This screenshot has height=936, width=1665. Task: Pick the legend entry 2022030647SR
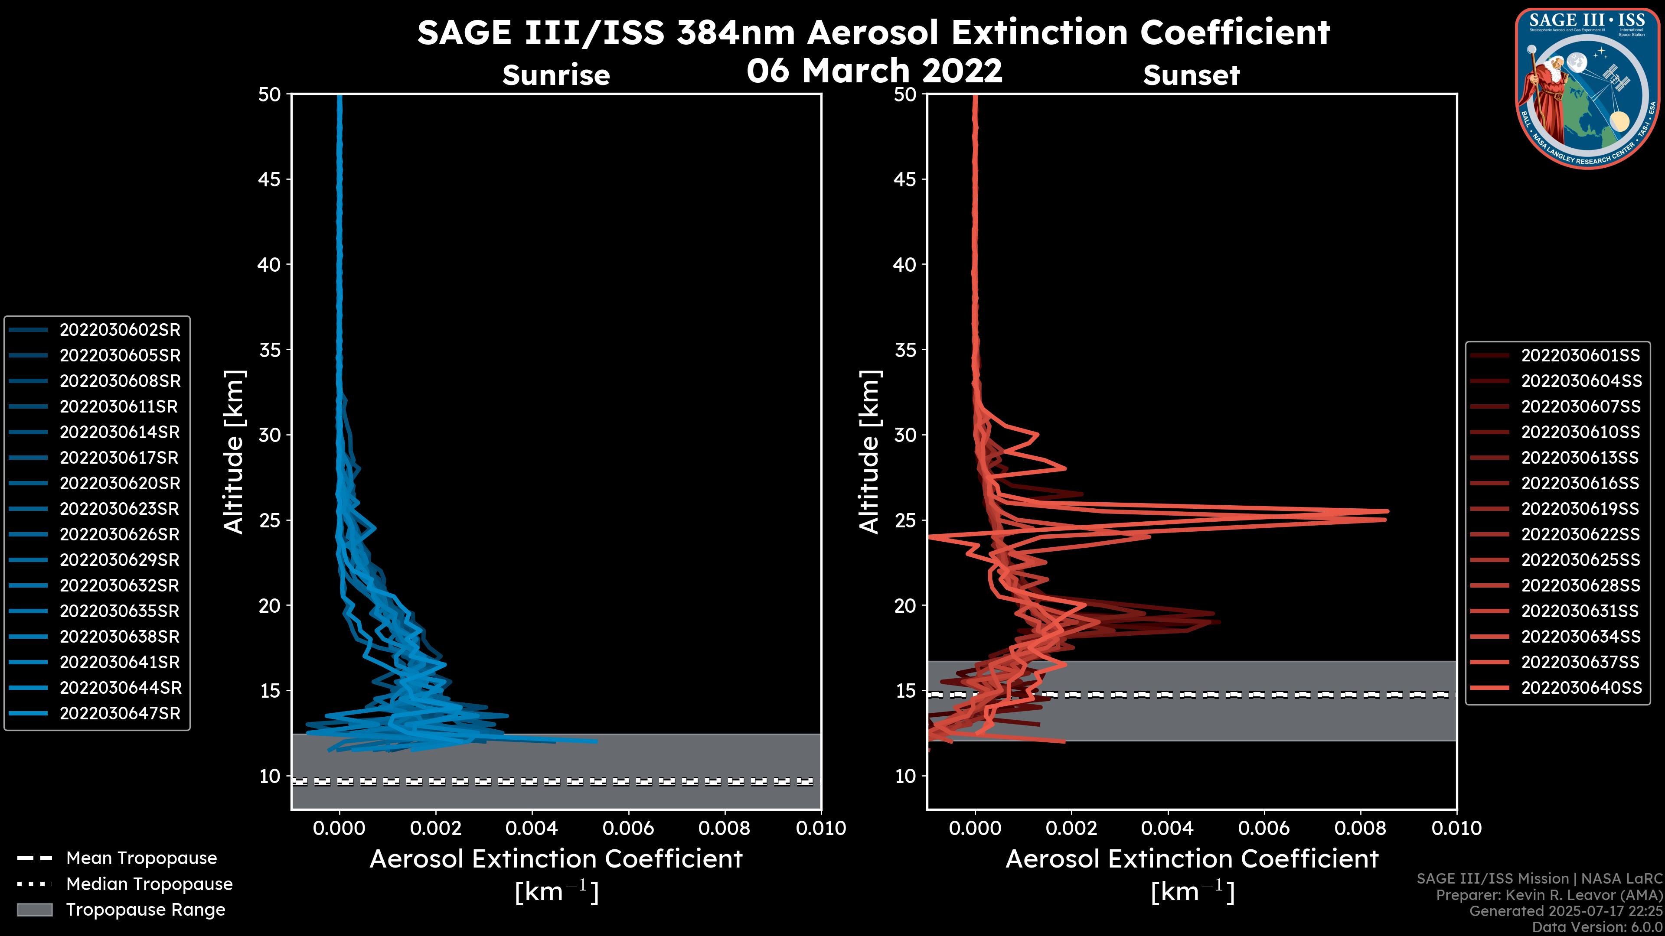[120, 714]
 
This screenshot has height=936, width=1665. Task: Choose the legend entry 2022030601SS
[1580, 356]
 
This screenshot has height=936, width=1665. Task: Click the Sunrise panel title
[556, 75]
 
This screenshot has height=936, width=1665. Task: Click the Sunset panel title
[1191, 75]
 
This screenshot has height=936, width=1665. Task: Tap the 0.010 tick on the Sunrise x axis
[820, 828]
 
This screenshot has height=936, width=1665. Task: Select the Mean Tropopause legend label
[141, 858]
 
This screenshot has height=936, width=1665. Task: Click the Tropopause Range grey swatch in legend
[34, 910]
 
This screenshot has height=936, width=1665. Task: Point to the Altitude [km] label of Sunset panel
[869, 452]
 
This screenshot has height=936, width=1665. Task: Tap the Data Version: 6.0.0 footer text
[1597, 927]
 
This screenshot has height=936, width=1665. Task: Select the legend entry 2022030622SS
[1580, 535]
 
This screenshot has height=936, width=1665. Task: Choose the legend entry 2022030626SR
[120, 535]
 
